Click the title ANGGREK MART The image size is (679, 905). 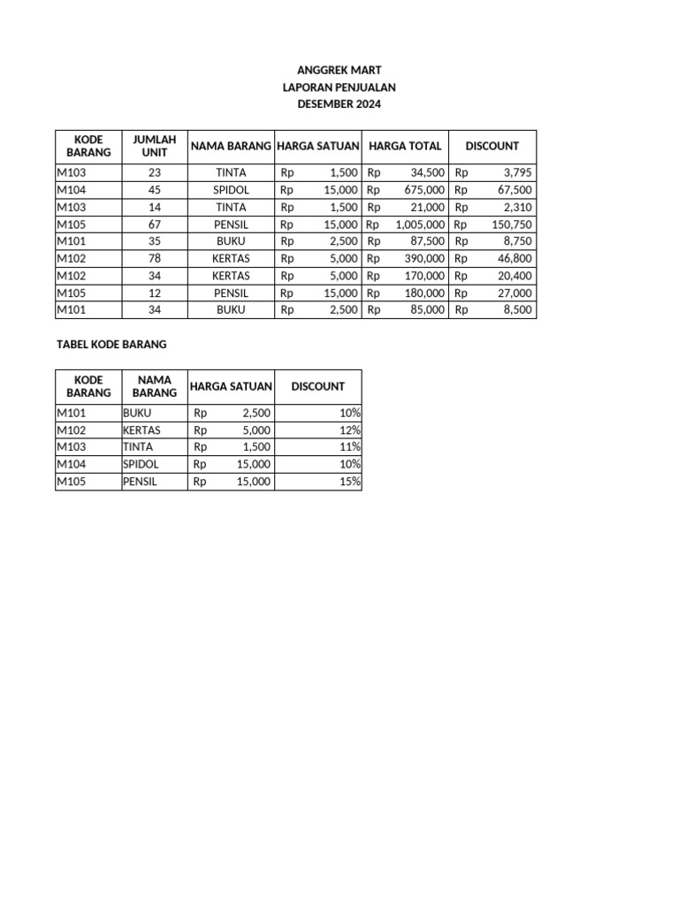click(x=339, y=70)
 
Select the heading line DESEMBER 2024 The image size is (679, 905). click(x=339, y=104)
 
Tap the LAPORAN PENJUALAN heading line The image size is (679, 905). click(x=339, y=87)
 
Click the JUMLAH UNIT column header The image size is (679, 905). click(x=155, y=146)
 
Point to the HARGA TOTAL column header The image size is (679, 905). click(x=405, y=146)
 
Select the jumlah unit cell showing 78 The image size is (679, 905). click(x=155, y=259)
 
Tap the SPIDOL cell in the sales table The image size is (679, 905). click(x=231, y=190)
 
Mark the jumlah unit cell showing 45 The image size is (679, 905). click(x=155, y=190)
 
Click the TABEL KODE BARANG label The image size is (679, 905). click(x=111, y=344)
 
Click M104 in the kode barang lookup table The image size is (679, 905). click(x=72, y=465)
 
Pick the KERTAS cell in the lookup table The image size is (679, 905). click(x=142, y=430)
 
